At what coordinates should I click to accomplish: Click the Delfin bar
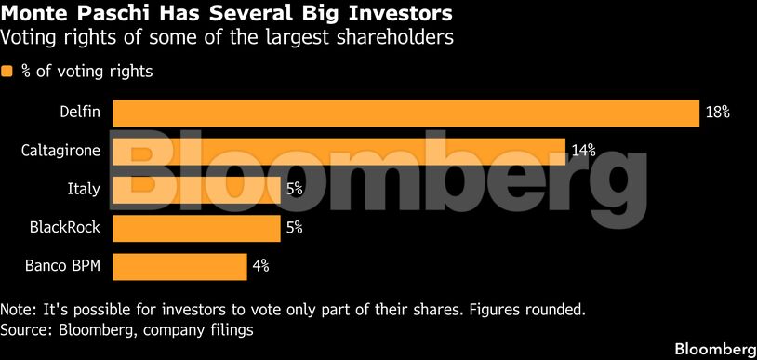(x=405, y=113)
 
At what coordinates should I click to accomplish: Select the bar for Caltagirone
(x=339, y=151)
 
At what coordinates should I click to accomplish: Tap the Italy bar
(x=196, y=190)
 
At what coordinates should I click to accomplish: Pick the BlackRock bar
(x=196, y=228)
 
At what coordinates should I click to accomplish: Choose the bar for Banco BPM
(x=179, y=267)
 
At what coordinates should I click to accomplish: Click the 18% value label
(x=717, y=113)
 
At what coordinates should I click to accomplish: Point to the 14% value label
(x=583, y=151)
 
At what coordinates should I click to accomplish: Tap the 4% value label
(x=260, y=267)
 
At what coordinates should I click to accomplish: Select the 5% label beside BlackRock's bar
(x=294, y=228)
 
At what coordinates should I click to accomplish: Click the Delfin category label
(x=81, y=113)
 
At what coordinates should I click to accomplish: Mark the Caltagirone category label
(x=60, y=151)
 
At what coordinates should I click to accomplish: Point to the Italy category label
(x=84, y=190)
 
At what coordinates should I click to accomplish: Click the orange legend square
(x=7, y=72)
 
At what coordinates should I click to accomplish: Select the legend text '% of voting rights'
(x=86, y=72)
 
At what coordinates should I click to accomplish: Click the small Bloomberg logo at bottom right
(x=713, y=349)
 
